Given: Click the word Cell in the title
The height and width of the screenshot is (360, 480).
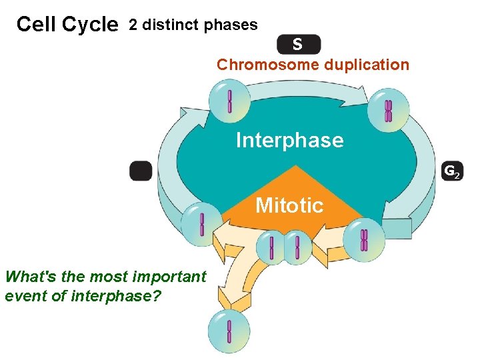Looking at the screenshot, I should tap(37, 25).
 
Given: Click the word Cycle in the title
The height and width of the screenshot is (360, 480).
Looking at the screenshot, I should tap(89, 25).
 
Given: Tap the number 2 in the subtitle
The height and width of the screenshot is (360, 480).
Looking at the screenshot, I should tap(133, 25).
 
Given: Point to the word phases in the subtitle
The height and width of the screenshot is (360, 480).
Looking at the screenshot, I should tap(231, 25).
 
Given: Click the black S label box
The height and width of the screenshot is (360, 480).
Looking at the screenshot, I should tap(298, 45).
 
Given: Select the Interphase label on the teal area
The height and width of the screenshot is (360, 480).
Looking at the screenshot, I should tap(289, 140).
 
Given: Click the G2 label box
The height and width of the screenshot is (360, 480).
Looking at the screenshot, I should tap(451, 172).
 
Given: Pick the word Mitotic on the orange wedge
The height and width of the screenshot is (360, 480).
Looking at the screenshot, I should tap(289, 205).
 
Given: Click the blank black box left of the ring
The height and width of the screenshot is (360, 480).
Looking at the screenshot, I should tap(141, 171).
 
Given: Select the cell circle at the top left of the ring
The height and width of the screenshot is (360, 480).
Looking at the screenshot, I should tap(230, 101).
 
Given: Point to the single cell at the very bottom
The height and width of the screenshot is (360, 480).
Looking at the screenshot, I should tap(229, 331).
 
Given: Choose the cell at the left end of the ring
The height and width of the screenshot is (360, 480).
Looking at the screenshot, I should tap(202, 223).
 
